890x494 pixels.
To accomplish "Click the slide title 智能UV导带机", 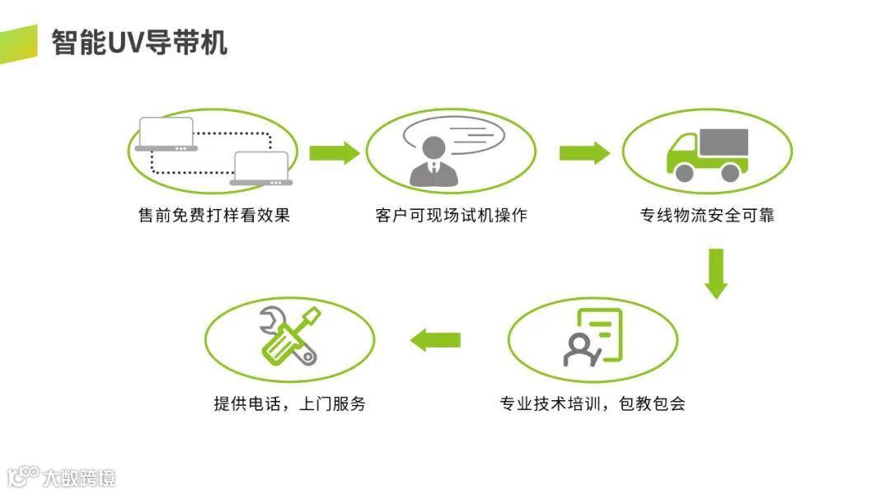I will pos(139,42).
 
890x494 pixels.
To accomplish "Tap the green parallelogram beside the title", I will pos(18,44).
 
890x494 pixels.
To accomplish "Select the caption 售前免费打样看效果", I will pos(214,216).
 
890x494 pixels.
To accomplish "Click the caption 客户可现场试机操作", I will pos(451,216).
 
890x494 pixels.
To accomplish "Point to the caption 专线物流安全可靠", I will pos(707,216).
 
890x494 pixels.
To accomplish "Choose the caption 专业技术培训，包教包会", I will pos(593,404).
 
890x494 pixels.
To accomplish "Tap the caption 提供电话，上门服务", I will pos(289,404).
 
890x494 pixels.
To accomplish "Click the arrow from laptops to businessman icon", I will pos(334,152).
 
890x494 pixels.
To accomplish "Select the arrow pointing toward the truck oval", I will pos(584,152).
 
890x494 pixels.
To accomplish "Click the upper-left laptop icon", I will pos(167,134).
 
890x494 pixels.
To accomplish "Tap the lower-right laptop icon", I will pos(261,168).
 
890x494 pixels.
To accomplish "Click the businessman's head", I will pos(433,148).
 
